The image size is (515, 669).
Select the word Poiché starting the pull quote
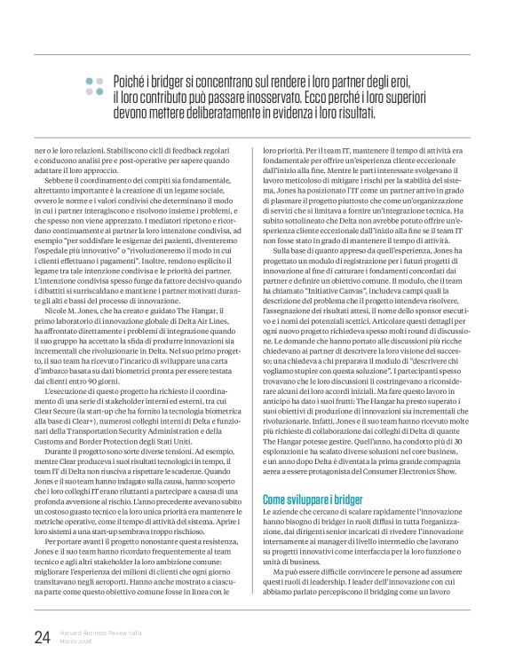coord(132,81)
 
